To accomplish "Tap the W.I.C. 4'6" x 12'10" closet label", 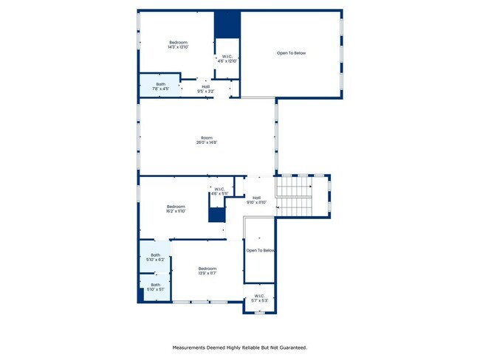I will point(227,59).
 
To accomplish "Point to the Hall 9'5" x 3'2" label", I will point(205,89).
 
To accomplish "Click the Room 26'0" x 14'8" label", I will point(206,140).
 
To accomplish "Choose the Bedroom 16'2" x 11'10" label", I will point(175,209).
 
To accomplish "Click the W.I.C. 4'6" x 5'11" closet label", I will point(219,191).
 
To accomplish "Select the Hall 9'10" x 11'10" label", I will point(256,199).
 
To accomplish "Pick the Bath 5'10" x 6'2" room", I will point(155,258).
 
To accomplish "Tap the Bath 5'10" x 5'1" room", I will point(155,286).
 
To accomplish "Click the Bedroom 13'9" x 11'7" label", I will point(207,271).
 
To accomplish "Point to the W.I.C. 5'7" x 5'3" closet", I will point(259,299).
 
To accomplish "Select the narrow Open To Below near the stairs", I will point(260,251).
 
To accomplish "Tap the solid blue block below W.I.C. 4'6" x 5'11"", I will point(216,215).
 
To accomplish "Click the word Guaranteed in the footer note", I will point(289,347).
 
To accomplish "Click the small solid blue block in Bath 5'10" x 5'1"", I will point(140,295).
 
